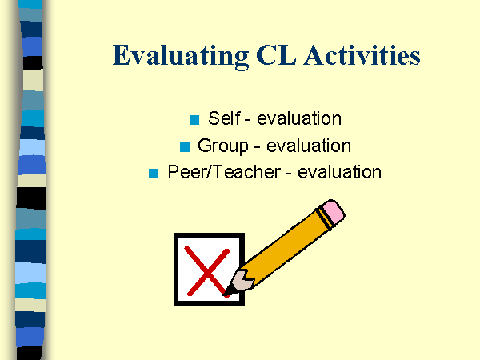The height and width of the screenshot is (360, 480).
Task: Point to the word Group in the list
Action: pos(220,146)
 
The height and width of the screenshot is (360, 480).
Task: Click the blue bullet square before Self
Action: pos(194,121)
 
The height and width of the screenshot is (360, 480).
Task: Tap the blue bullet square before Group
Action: pos(184,147)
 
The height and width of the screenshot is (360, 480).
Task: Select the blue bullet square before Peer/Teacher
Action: pos(154,173)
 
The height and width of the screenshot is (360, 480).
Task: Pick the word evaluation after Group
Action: pos(309,146)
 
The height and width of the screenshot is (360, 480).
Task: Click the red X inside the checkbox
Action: pos(206,270)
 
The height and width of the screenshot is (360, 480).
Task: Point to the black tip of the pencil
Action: pos(230,290)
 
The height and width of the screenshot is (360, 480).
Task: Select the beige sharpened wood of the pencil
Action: pos(240,280)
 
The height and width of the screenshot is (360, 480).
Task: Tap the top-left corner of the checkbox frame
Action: pos(176,236)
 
